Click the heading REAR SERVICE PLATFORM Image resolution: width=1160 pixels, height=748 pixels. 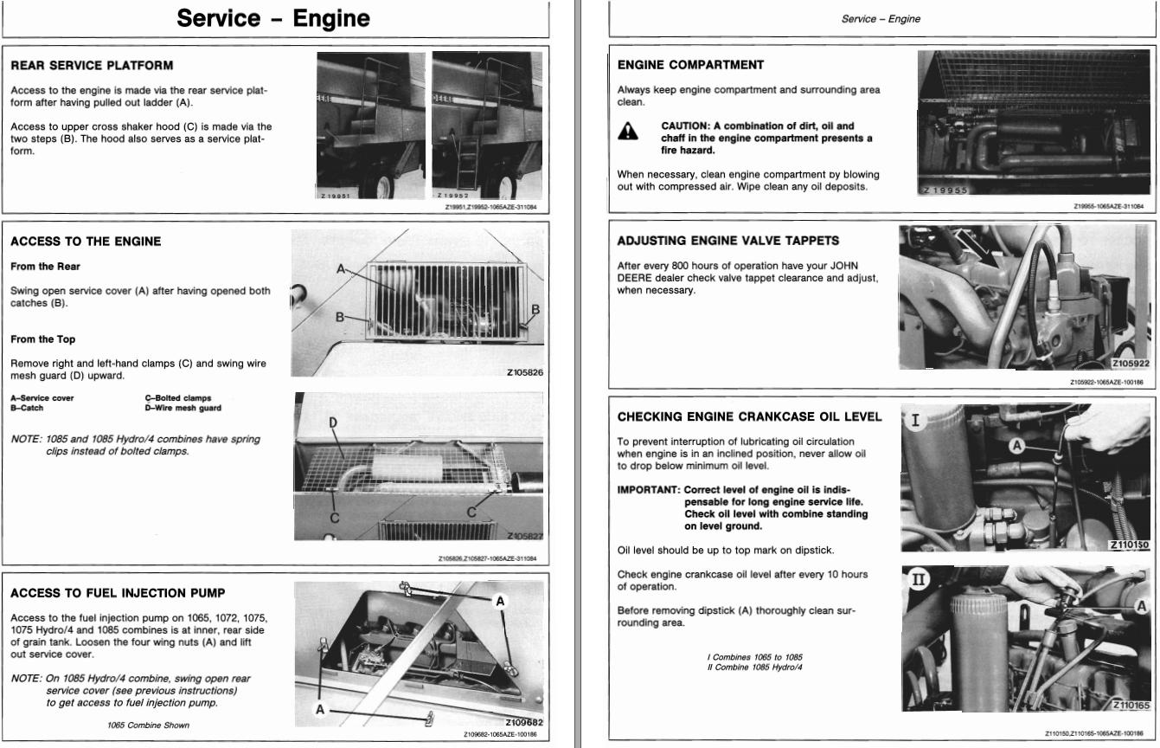point(92,65)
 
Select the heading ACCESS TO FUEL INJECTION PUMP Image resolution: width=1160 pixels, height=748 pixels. point(118,593)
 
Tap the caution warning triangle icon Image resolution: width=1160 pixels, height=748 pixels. point(628,132)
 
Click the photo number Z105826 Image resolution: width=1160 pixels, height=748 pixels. point(524,373)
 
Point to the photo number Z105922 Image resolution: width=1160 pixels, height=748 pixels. point(1130,364)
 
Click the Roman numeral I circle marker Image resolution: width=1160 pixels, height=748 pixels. point(915,422)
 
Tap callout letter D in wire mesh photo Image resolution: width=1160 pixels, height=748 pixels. point(332,422)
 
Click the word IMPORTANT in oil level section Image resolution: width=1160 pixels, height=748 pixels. point(648,490)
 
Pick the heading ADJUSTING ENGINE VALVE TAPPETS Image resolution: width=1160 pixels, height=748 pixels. point(728,241)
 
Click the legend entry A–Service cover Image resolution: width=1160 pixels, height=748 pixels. point(42,398)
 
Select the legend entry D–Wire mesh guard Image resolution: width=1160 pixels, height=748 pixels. point(183,408)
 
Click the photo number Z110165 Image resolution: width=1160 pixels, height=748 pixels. point(1131,706)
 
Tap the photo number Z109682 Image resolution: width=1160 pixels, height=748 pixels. point(523,722)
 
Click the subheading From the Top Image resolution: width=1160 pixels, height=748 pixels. point(42,339)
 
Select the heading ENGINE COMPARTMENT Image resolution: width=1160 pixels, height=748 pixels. point(690,65)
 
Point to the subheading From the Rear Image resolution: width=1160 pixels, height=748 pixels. point(45,267)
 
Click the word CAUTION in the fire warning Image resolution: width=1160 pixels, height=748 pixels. point(683,126)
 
